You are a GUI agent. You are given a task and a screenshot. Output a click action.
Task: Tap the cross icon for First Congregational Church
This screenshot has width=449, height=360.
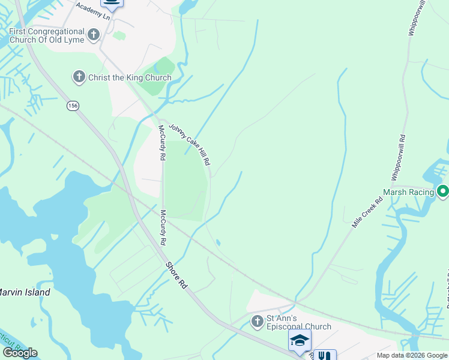(x=93, y=35)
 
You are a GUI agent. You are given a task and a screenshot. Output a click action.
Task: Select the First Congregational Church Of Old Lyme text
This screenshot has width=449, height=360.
(x=46, y=36)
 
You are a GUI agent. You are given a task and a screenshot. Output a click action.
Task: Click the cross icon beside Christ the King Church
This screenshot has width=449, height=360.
(x=79, y=77)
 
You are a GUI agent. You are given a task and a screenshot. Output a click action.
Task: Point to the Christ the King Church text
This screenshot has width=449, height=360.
(x=130, y=77)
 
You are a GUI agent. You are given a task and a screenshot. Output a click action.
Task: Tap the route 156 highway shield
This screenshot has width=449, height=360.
(x=72, y=106)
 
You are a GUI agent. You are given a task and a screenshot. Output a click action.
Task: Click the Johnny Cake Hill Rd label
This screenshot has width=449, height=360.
(x=190, y=145)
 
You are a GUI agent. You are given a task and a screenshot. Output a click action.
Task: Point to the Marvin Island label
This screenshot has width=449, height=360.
(x=24, y=292)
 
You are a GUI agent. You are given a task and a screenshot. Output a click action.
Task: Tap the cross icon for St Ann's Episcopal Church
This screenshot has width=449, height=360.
(x=257, y=322)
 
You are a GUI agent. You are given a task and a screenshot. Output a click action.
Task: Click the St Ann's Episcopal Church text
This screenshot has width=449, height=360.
(x=298, y=322)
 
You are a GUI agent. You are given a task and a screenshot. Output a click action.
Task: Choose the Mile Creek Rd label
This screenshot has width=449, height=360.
(x=367, y=212)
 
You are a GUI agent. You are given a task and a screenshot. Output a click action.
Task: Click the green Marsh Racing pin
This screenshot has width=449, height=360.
(x=443, y=192)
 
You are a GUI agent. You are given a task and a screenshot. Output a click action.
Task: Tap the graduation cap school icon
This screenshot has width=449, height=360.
(x=300, y=340)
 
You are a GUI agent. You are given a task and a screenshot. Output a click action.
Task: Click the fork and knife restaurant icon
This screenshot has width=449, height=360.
(x=325, y=355)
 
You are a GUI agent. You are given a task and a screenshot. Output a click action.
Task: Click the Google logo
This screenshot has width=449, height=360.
(x=20, y=353)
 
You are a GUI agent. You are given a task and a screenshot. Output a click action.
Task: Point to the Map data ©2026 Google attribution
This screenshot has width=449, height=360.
(x=412, y=355)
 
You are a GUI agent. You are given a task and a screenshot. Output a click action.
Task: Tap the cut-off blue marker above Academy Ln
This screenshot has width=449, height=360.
(x=111, y=3)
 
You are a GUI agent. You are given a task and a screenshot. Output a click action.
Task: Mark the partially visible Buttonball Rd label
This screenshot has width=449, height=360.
(x=447, y=282)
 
